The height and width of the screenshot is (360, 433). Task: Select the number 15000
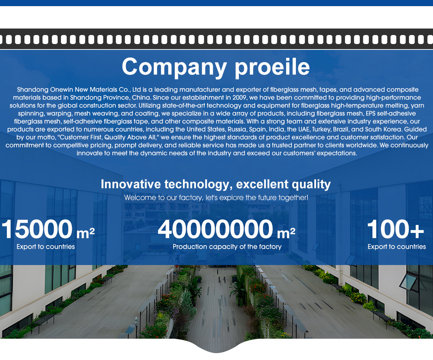37,230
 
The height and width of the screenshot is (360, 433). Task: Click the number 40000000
215,230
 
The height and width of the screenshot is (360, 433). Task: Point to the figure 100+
395,230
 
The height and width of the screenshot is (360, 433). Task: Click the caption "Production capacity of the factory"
227,247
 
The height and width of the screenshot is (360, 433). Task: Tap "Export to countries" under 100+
397,247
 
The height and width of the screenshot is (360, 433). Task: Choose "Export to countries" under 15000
45,247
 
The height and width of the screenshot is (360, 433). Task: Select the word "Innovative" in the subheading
131,184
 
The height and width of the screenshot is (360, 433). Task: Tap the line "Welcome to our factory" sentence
216,198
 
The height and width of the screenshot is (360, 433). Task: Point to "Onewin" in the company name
62,90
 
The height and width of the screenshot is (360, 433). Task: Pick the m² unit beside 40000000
286,233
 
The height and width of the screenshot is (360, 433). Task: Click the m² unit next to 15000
86,233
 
